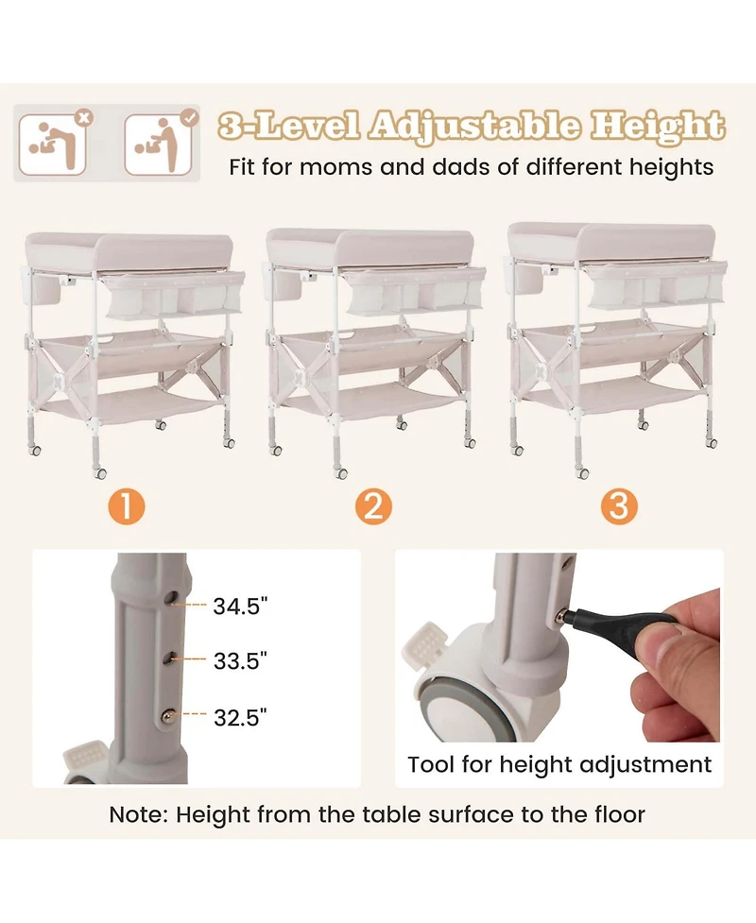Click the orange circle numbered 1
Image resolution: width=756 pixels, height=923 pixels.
pos(126,506)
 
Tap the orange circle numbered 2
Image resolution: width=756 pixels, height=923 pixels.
pos(373,506)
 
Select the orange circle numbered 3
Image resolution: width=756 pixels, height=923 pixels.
pos(619,505)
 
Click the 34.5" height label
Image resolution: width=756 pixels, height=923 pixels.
pos(240,606)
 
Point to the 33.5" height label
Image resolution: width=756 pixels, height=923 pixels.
pos(240,660)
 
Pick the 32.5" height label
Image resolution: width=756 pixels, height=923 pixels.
pos(240,718)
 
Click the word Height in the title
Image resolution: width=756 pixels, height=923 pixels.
pos(657,126)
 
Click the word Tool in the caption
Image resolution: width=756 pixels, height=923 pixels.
pos(431,764)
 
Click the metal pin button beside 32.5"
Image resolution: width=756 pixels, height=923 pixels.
pos(169,715)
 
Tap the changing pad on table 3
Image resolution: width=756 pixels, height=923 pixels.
pos(611,241)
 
